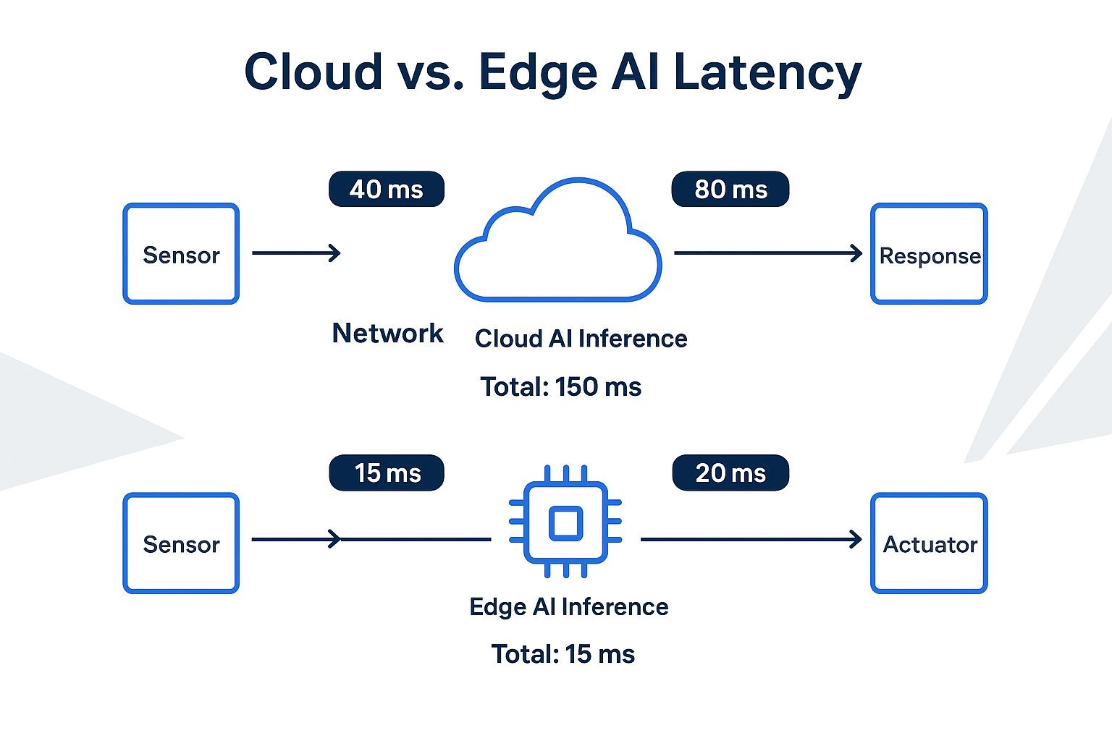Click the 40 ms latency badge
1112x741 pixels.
(x=386, y=190)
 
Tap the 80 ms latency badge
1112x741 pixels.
(x=730, y=190)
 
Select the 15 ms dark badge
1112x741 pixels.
(x=387, y=473)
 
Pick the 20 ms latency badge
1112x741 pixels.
(x=730, y=473)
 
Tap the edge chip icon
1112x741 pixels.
(x=565, y=522)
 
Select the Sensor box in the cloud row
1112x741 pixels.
(x=181, y=254)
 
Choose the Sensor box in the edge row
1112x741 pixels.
(x=181, y=543)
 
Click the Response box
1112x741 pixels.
(x=930, y=254)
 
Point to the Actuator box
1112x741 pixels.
(x=930, y=543)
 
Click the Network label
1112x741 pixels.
(x=387, y=334)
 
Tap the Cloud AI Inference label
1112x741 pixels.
(x=581, y=339)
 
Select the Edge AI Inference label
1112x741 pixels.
(x=569, y=606)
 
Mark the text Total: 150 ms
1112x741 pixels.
(x=561, y=387)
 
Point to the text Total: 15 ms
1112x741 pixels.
(x=563, y=654)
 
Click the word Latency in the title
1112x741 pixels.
(x=767, y=73)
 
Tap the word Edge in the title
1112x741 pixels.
(x=537, y=73)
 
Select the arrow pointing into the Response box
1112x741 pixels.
(x=767, y=253)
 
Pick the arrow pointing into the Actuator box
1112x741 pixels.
(x=751, y=539)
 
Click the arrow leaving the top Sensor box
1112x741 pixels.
(x=296, y=253)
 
